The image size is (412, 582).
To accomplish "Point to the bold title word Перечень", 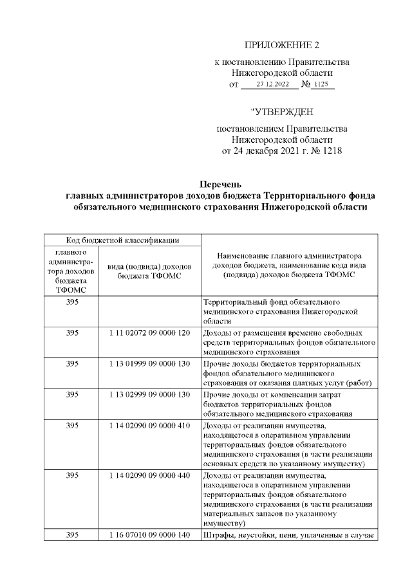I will click(x=220, y=185).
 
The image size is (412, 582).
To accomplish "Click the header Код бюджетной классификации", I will click(x=122, y=240).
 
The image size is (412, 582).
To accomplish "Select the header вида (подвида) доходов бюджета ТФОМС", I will click(x=149, y=271).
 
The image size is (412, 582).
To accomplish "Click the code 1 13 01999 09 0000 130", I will click(x=149, y=364).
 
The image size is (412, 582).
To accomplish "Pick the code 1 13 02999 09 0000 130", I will click(x=149, y=393).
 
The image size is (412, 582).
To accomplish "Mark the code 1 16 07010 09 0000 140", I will click(x=149, y=536).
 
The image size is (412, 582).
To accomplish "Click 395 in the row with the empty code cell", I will click(x=72, y=302).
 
